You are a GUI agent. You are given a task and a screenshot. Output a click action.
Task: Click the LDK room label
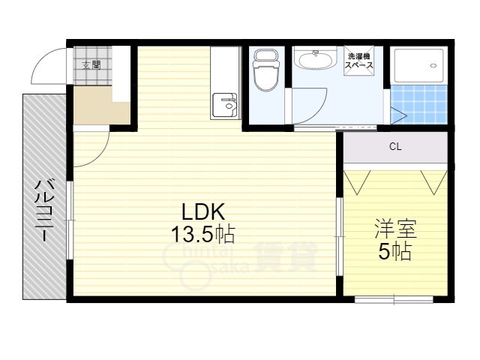(x=203, y=211)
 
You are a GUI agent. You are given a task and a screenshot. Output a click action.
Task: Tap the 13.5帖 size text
(x=203, y=235)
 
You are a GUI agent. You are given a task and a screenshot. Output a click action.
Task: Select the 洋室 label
(x=395, y=229)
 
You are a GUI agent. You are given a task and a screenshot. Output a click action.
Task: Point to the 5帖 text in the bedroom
(x=394, y=252)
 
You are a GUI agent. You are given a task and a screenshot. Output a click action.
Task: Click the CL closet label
(x=395, y=147)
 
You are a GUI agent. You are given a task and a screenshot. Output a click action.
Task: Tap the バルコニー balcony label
(x=45, y=211)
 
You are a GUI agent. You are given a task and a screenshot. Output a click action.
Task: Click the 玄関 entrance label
(x=91, y=65)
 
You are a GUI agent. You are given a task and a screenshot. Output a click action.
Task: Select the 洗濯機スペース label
(x=358, y=61)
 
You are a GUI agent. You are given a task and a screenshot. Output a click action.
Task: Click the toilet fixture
(x=266, y=70)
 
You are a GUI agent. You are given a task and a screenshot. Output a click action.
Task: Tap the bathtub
(x=419, y=65)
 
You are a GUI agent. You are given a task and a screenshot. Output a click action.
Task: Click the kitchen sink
(x=225, y=105)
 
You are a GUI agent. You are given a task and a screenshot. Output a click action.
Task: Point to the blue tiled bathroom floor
(x=419, y=104)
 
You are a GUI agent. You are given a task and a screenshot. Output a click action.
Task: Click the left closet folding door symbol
(x=357, y=181)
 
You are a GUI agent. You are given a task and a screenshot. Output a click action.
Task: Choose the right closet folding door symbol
(x=434, y=181)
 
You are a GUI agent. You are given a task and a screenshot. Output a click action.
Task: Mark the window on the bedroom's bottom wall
(x=394, y=299)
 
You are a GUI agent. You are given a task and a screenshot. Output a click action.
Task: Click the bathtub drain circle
(x=433, y=65)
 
